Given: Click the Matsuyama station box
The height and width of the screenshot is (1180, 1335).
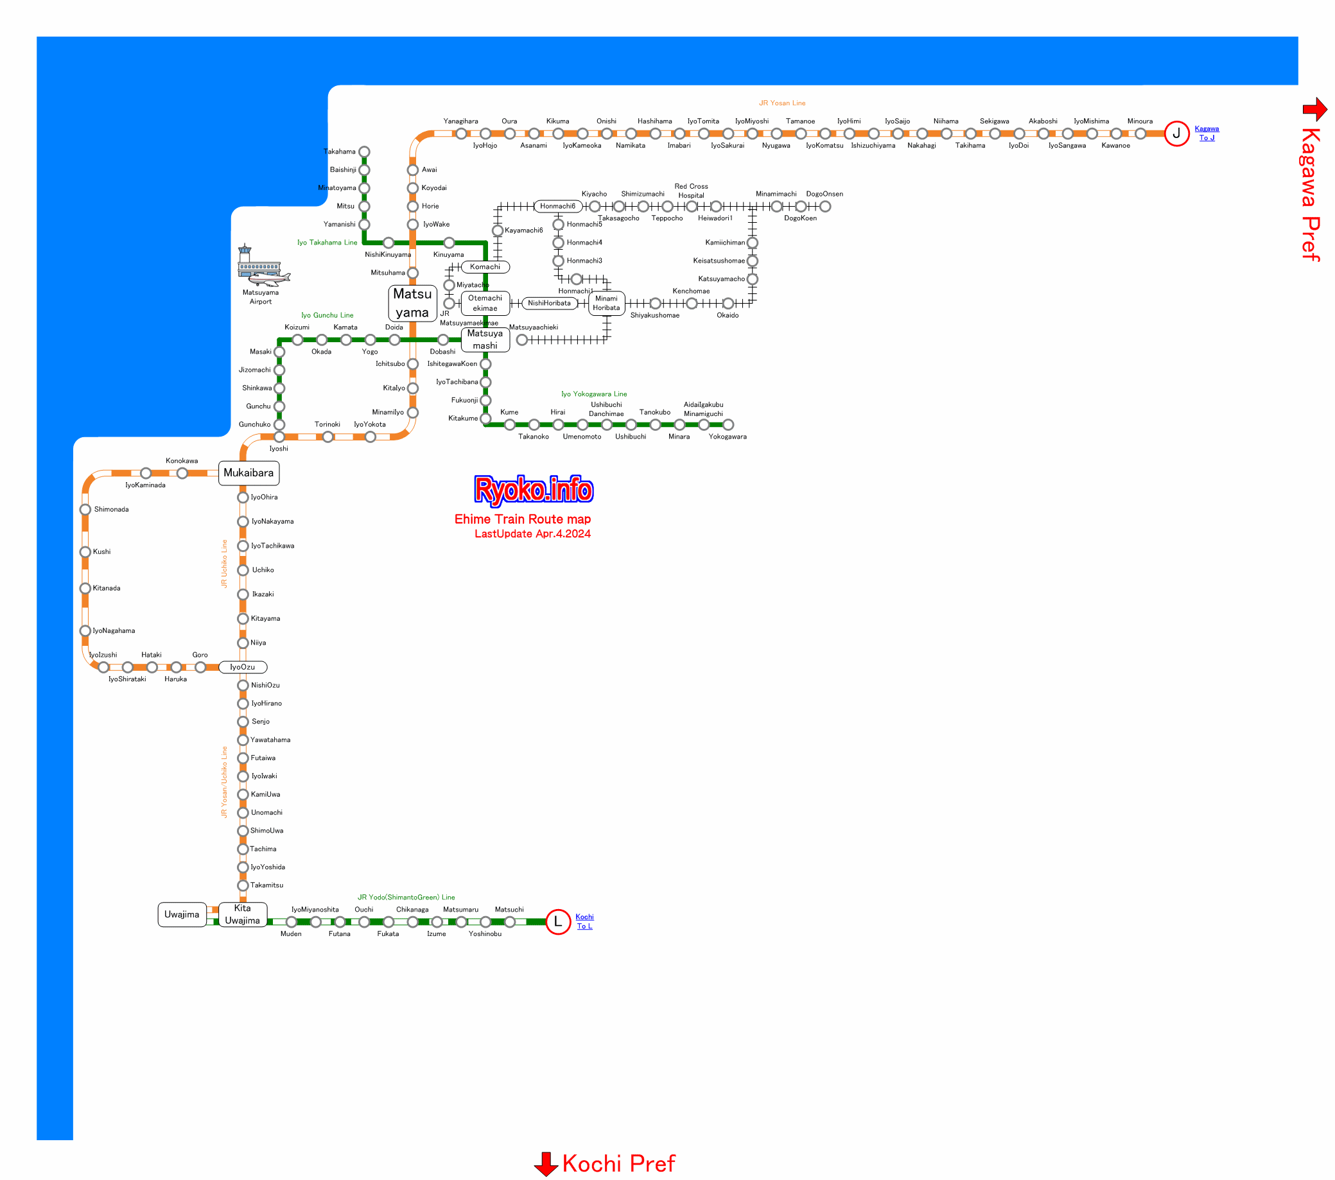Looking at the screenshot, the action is click(x=412, y=303).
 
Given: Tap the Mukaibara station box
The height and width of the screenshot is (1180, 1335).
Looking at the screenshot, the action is click(x=249, y=473).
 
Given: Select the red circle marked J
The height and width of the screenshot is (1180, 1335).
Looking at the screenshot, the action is click(x=1176, y=134).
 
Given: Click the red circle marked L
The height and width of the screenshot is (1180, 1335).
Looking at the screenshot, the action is click(x=558, y=921).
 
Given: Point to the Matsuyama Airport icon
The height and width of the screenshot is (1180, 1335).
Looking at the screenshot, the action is click(x=263, y=266).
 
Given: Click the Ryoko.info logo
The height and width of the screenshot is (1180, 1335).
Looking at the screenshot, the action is click(x=534, y=490).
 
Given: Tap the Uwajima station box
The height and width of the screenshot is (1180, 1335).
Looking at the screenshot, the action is click(x=182, y=914).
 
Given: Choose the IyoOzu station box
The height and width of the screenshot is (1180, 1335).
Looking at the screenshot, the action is click(x=242, y=667).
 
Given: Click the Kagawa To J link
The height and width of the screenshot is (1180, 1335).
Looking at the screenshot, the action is click(x=1207, y=133).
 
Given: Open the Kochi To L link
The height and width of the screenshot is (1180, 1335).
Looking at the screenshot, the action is click(x=584, y=921).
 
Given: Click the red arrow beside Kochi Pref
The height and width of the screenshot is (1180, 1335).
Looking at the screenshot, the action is click(x=545, y=1164).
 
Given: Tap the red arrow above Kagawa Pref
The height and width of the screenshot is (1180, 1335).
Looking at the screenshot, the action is click(x=1314, y=109).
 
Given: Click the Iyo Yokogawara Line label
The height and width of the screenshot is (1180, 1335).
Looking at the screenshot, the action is click(x=594, y=394).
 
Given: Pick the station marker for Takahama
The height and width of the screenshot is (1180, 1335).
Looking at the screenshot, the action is click(x=365, y=152).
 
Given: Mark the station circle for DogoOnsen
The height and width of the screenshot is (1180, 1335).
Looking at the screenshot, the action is click(x=825, y=206).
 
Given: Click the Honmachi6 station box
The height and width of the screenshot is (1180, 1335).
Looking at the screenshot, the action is click(x=558, y=206).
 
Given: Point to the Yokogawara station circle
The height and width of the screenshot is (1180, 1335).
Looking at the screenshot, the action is click(x=728, y=424).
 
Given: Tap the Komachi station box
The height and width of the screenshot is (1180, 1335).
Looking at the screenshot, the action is click(x=485, y=267).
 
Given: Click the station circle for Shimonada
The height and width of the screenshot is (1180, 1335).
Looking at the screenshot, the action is click(x=85, y=509).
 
